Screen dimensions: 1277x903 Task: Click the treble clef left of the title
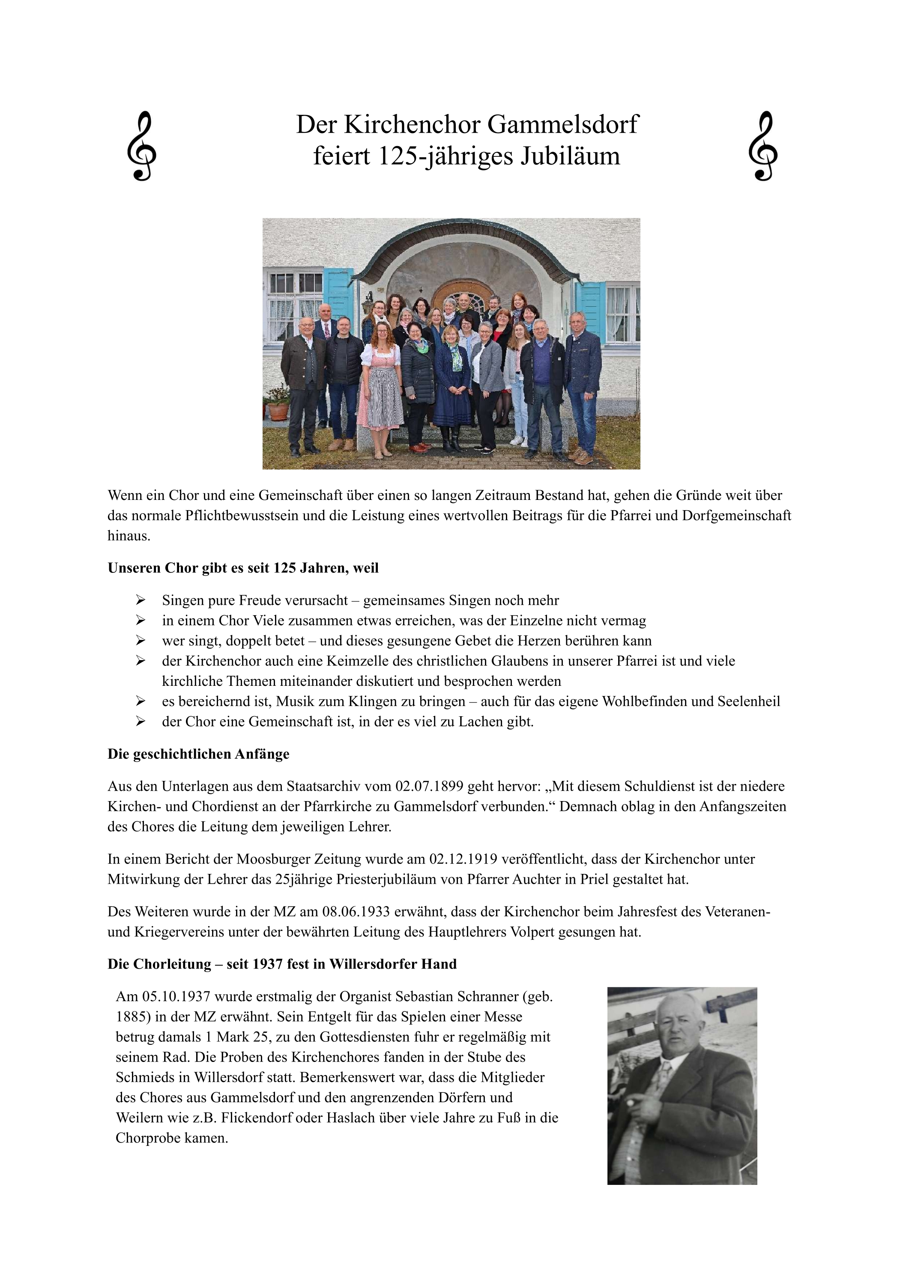141,146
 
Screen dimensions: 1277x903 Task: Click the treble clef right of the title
763,146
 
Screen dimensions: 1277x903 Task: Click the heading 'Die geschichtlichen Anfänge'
198,754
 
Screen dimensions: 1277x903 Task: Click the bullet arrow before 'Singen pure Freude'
140,600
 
